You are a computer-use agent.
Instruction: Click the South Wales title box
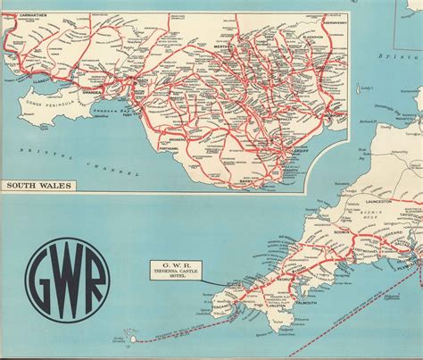point(39,186)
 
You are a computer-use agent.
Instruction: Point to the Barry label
point(264,180)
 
